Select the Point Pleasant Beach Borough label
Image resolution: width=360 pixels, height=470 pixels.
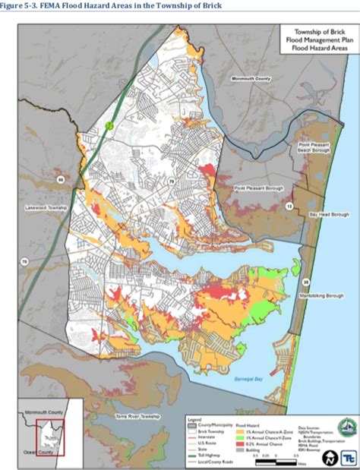[314, 147]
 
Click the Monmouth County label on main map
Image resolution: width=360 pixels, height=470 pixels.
[251, 78]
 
